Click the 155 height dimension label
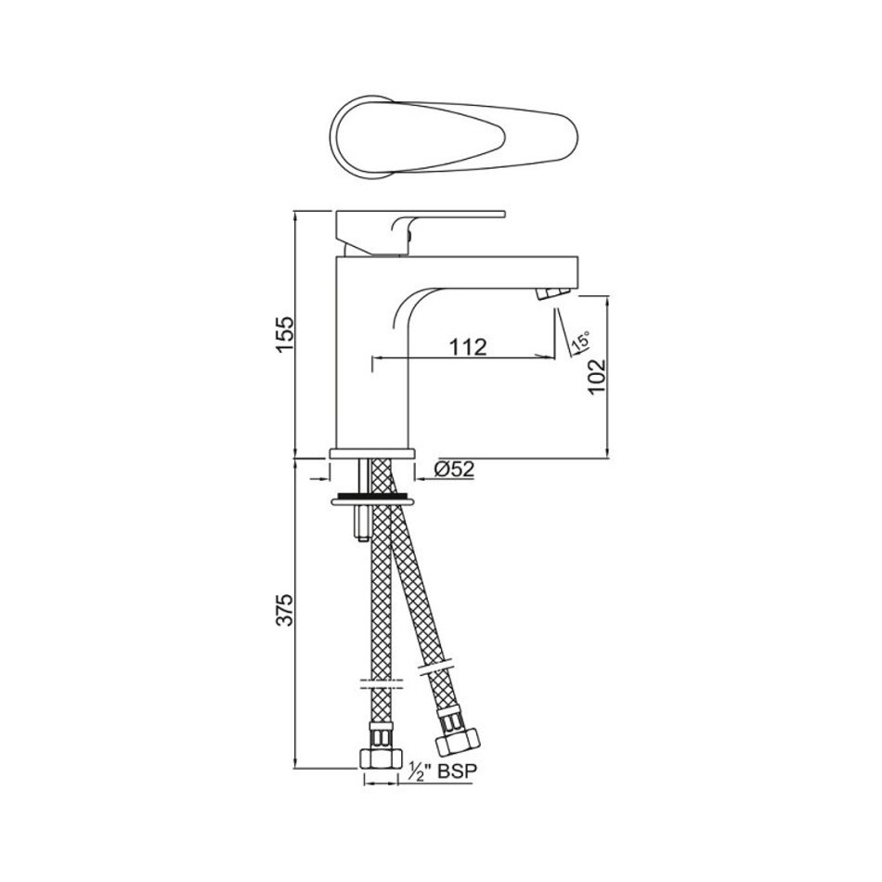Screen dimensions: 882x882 285,334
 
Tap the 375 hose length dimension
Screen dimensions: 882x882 285,608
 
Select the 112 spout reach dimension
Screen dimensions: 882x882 467,347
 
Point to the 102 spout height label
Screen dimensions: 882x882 596,377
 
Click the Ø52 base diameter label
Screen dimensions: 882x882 455,469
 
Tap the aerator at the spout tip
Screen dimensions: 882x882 553,294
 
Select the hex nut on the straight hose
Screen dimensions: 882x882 381,759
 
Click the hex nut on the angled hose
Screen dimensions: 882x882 459,741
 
